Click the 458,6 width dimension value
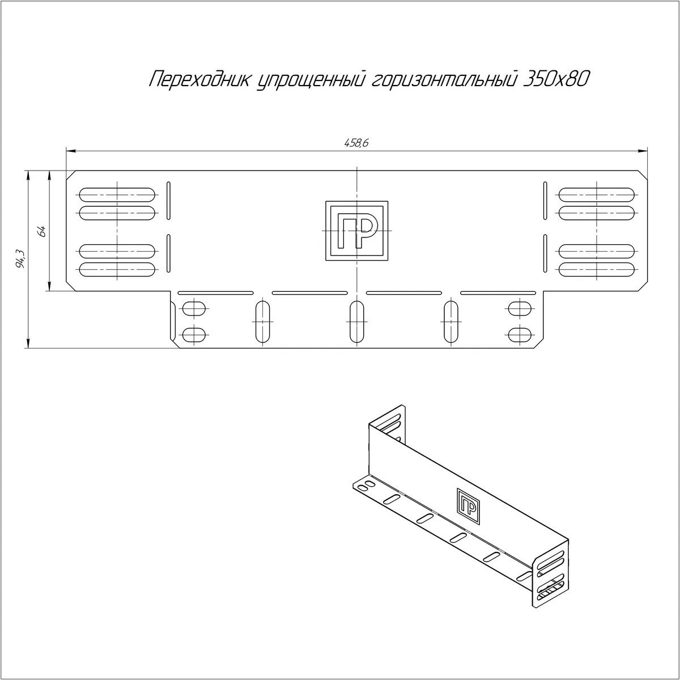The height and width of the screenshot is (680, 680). (356, 143)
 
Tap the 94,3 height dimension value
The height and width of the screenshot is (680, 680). (20, 258)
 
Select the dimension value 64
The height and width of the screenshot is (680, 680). (42, 232)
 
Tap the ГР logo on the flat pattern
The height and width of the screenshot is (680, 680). (357, 231)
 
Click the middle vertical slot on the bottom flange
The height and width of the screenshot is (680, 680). (357, 321)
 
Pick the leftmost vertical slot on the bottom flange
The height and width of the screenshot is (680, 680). (262, 321)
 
